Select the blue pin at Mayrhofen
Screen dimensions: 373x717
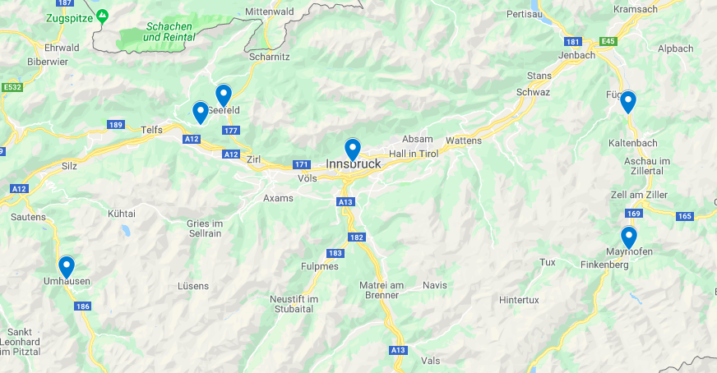629,237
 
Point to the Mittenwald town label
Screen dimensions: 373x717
270,12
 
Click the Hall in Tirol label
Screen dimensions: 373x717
414,153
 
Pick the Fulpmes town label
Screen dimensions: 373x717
320,266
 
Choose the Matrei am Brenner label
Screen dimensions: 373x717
379,289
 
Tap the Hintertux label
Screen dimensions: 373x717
519,300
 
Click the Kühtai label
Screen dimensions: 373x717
121,213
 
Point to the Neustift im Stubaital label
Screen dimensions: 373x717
294,304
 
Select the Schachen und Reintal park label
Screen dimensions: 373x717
169,31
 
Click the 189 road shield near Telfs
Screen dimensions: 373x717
115,125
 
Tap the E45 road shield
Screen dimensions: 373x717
608,41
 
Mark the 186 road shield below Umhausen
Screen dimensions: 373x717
82,306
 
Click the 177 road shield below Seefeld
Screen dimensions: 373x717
230,131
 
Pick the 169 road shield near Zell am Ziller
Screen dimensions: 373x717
633,214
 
